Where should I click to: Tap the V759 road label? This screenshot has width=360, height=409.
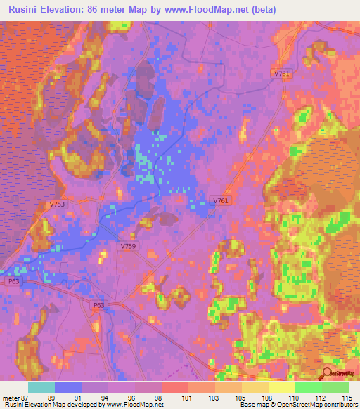(128, 247)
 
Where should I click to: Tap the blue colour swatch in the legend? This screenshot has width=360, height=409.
(68, 387)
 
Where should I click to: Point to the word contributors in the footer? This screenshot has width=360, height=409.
(339, 405)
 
